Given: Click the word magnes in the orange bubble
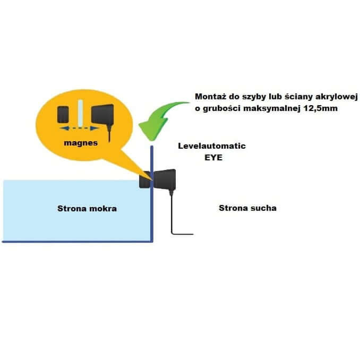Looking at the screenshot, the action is point(81,143).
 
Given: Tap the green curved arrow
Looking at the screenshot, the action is point(158,119).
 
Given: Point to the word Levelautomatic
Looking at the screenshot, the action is point(212,146).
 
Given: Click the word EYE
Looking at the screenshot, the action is point(213,158).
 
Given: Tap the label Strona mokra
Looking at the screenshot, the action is point(87,209).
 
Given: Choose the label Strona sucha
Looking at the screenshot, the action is point(247,208).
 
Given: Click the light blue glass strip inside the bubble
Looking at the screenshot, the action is point(80,113).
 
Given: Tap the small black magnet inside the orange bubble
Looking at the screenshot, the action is point(63,114).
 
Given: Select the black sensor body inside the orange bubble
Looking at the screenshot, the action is point(102,114).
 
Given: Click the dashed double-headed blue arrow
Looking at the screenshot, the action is point(80,128).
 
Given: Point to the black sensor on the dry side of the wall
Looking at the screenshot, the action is point(165,179).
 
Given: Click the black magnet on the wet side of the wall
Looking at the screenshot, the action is point(144,180).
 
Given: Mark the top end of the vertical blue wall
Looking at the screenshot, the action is point(152,146).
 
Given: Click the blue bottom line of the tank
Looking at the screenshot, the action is point(78,242).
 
